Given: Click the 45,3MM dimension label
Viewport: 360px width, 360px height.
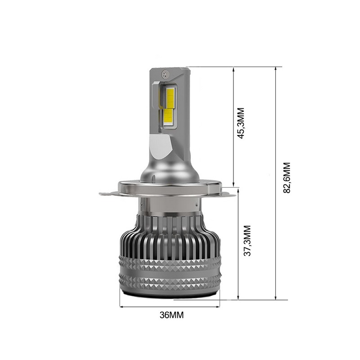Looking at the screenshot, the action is coord(241,123).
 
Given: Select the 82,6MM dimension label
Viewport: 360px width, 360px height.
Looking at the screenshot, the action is coord(287,178).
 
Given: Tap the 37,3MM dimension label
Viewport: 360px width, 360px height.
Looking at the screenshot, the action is coord(247,241).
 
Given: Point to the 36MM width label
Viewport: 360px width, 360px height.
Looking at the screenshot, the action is coord(172,315).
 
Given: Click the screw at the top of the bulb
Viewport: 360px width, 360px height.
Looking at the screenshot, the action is coord(165,73).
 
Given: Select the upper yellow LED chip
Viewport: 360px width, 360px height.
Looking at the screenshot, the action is coord(170,98).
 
